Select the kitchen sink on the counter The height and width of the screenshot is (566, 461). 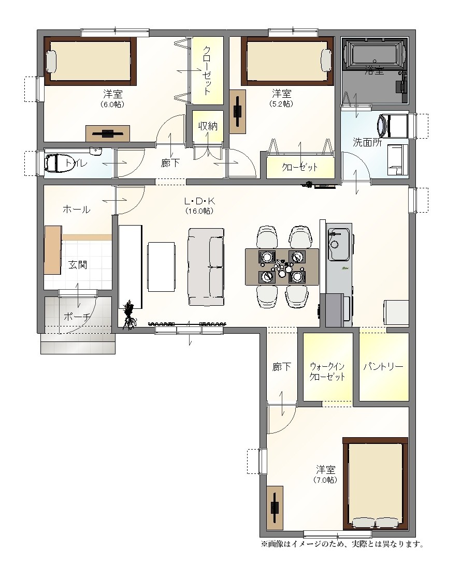pos(339,244)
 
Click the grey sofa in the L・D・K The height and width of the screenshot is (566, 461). pos(206,267)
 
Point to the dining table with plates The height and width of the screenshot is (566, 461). pos(282,267)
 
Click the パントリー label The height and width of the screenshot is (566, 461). pos(383,367)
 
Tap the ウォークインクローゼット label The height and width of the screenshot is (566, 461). pos(327,372)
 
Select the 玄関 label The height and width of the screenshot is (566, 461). pos(78,264)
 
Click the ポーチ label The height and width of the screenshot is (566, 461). pos(77,317)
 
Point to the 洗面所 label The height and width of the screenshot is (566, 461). pos(367,142)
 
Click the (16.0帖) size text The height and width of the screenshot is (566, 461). pos(199,211)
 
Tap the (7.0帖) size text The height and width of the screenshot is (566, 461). pos(325,480)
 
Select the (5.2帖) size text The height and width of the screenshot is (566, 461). pos(281,103)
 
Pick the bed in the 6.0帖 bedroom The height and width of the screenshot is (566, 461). pos(90,61)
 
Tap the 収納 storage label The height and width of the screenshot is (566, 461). pos(208,126)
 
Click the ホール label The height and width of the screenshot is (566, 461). pos(76,209)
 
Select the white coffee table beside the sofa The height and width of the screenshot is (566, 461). pos(162,267)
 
